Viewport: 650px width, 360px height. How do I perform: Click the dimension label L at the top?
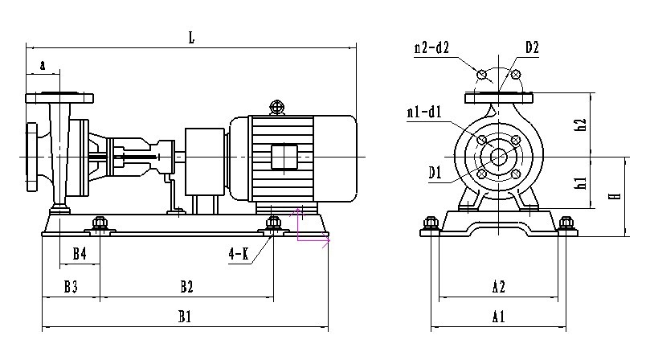(x=191, y=37)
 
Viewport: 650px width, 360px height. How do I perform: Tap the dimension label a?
(x=43, y=65)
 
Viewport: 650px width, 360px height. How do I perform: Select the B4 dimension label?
(x=80, y=255)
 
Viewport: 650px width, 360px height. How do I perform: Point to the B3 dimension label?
(x=71, y=286)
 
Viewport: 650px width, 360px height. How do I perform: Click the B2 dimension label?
(x=186, y=286)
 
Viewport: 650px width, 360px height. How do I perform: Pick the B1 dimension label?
(x=184, y=317)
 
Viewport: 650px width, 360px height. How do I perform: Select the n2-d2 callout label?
(x=431, y=48)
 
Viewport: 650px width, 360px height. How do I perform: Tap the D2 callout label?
(x=532, y=47)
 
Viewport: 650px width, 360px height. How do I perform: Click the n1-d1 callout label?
(x=424, y=112)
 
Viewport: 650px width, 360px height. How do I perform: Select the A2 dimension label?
(x=498, y=286)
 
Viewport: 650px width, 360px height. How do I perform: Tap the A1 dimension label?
(x=498, y=317)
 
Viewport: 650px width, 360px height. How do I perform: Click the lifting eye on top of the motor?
(x=277, y=106)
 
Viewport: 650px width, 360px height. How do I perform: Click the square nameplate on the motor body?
(x=285, y=157)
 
